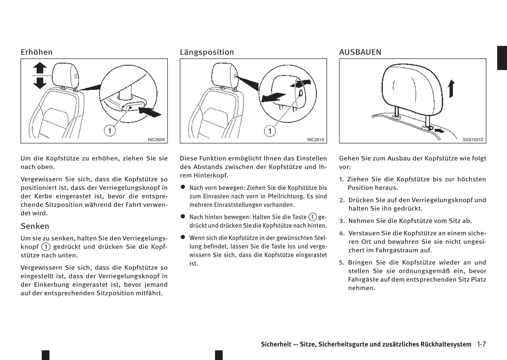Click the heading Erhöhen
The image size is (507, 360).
(36, 52)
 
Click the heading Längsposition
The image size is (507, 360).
(207, 52)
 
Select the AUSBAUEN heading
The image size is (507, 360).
(360, 52)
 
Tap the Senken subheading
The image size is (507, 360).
(35, 226)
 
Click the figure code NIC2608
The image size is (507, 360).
(156, 140)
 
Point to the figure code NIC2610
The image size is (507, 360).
(315, 140)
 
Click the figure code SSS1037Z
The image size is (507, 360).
(473, 140)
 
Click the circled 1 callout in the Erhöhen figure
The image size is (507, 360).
(110, 131)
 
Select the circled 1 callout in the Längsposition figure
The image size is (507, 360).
(270, 131)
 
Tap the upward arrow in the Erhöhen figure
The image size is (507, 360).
(40, 68)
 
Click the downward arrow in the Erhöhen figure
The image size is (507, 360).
(40, 82)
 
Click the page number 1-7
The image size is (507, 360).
(481, 344)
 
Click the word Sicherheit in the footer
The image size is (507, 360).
(276, 345)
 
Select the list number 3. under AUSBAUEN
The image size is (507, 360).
(342, 221)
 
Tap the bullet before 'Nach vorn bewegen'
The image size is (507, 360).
(183, 187)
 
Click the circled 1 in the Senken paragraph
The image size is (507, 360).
(46, 247)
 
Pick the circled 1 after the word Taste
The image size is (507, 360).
(312, 217)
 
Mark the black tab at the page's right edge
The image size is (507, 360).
(502, 58)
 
